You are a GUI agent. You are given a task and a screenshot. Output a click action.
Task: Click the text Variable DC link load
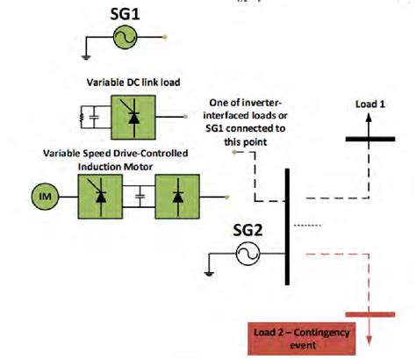tap(133, 82)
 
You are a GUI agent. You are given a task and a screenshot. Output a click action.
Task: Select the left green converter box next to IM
tap(97, 192)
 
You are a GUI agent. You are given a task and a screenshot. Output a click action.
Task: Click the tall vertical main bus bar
tap(288, 228)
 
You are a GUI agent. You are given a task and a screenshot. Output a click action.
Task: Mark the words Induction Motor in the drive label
tap(131, 164)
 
